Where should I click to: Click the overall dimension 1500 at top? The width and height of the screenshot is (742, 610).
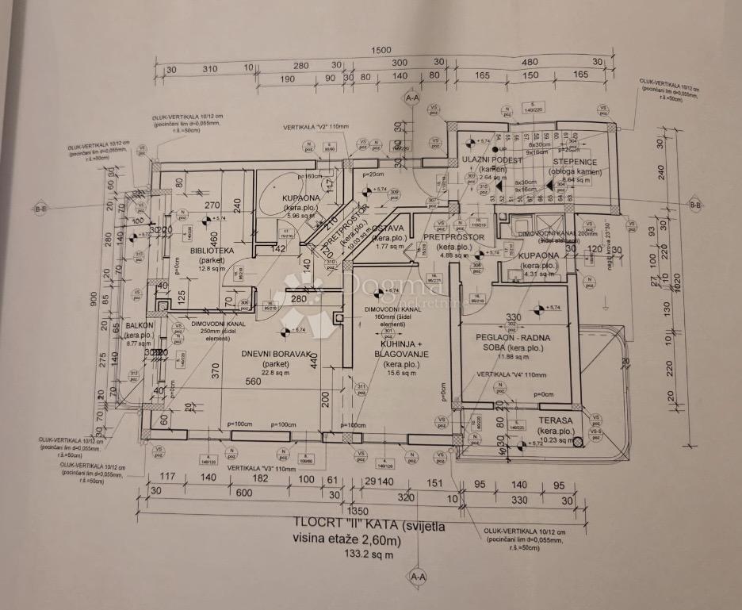(x=381, y=51)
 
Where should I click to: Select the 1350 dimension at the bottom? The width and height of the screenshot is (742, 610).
(x=360, y=510)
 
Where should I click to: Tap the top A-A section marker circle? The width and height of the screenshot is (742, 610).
(x=411, y=98)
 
